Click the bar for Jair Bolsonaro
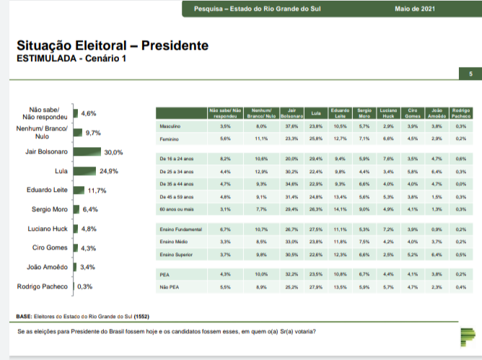coord(87,152)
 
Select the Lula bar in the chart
coord(84,172)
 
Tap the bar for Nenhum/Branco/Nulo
coord(77,133)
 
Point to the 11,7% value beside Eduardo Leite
coord(97,190)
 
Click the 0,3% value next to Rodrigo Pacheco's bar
coord(84,286)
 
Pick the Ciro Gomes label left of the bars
coord(50,248)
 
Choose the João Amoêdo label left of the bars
coord(47,267)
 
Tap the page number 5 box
coord(470,74)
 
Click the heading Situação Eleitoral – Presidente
coord(112,45)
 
